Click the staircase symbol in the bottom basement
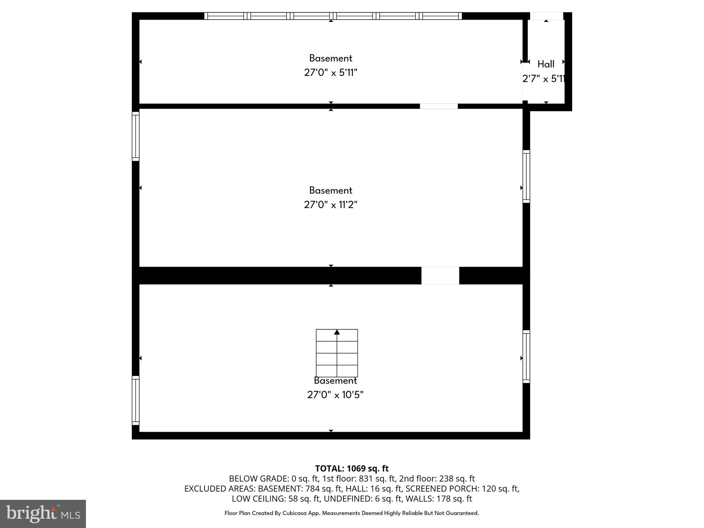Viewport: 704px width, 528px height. click(x=337, y=353)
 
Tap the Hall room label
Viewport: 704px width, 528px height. click(x=546, y=64)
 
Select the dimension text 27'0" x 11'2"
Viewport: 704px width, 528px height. click(x=331, y=205)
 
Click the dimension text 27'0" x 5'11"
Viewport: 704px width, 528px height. click(x=331, y=73)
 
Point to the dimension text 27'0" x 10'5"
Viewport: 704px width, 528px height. click(x=335, y=395)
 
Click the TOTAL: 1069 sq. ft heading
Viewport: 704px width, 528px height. click(x=352, y=469)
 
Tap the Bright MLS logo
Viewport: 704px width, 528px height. click(x=43, y=514)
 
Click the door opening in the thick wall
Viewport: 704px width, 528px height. click(x=440, y=276)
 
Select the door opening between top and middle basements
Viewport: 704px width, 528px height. click(x=439, y=106)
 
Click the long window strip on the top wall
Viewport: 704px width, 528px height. click(x=333, y=16)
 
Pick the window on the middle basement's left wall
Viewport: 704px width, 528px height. click(x=136, y=136)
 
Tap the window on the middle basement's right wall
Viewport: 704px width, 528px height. click(x=526, y=176)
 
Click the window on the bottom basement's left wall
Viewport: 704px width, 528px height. click(x=136, y=400)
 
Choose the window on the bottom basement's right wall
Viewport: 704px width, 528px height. click(x=526, y=356)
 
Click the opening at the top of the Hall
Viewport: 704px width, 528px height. click(x=546, y=16)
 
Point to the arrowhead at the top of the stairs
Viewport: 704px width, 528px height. click(x=337, y=332)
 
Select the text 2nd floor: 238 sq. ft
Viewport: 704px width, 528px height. click(x=437, y=478)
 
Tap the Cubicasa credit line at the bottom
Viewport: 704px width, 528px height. click(x=352, y=513)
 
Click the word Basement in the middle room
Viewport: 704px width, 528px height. click(x=331, y=190)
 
